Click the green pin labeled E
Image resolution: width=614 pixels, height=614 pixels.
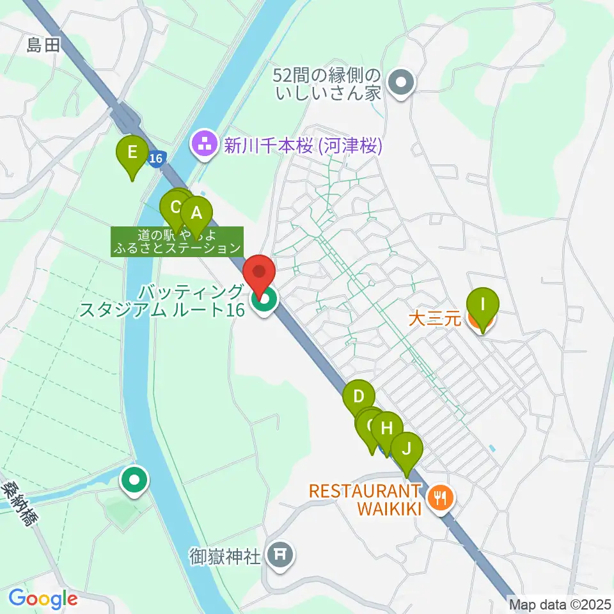[x=132, y=153]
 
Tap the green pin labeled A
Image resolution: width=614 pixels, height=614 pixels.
[x=196, y=213]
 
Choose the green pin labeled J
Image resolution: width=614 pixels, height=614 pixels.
[x=407, y=449]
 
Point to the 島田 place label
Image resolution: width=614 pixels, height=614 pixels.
[x=42, y=45]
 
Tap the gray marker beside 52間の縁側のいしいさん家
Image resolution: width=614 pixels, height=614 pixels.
[x=402, y=83]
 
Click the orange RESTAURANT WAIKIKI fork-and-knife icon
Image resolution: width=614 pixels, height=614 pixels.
[x=441, y=496]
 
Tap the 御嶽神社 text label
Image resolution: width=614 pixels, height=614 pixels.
[x=225, y=555]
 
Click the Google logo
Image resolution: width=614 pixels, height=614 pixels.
[x=42, y=599]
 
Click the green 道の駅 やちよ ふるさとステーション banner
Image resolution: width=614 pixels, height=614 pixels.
[x=178, y=241]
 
